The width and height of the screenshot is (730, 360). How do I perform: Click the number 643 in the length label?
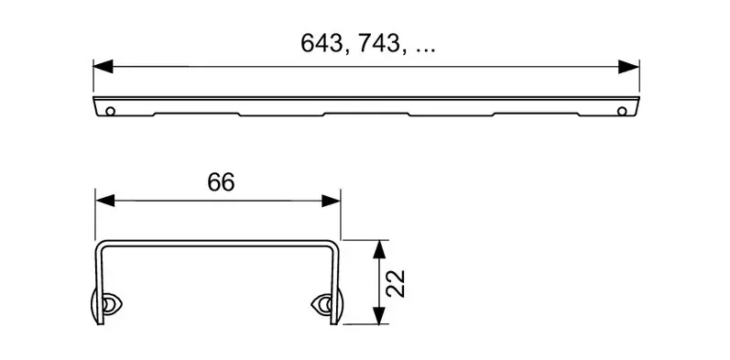pos(321,43)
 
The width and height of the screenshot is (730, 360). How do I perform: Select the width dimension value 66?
pos(221,182)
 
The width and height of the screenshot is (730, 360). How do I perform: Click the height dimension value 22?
pos(396,284)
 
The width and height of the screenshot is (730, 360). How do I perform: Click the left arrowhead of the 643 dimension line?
pos(103,67)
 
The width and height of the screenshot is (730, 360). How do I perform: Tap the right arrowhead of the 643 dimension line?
pos(628,67)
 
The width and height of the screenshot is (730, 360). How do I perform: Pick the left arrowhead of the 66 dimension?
pos(104,201)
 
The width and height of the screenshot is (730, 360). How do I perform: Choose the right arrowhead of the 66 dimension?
pos(331,201)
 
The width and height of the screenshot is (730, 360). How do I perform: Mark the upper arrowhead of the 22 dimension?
pos(380,250)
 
